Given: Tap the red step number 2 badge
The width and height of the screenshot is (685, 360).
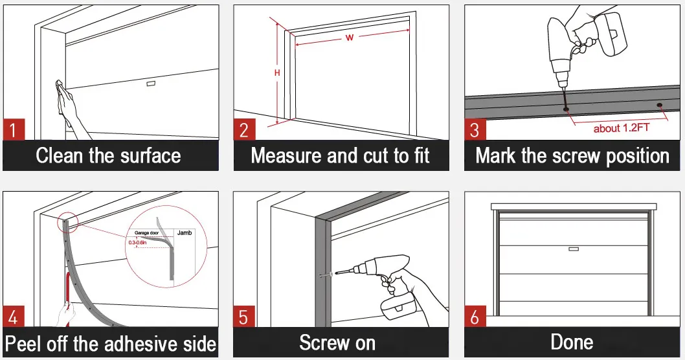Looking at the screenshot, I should pyautogui.click(x=244, y=129).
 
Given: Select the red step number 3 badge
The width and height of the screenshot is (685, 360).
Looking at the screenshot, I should pyautogui.click(x=475, y=129).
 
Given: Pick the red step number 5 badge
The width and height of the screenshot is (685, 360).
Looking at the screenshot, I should pyautogui.click(x=244, y=317).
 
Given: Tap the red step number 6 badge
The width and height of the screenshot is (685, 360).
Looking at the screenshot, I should pyautogui.click(x=475, y=317).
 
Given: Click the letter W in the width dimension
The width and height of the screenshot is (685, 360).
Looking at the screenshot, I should pyautogui.click(x=349, y=38).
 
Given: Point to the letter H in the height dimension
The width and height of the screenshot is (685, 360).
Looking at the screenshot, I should pyautogui.click(x=277, y=73).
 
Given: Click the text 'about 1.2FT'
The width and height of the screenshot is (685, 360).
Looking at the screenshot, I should pyautogui.click(x=621, y=128).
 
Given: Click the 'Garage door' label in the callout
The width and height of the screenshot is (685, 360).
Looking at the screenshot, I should pyautogui.click(x=146, y=231).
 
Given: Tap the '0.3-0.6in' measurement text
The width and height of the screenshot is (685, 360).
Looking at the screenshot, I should pyautogui.click(x=137, y=242).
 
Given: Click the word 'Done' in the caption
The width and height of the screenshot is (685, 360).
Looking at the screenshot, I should pyautogui.click(x=572, y=342).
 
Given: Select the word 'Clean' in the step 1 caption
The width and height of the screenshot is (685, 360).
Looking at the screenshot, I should pyautogui.click(x=62, y=155).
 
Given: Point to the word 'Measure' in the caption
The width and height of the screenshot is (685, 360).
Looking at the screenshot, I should pyautogui.click(x=287, y=155).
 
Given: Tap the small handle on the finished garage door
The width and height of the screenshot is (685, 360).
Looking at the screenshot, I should pyautogui.click(x=572, y=249).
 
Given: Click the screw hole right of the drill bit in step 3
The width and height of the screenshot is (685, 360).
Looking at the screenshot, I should pyautogui.click(x=659, y=105).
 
